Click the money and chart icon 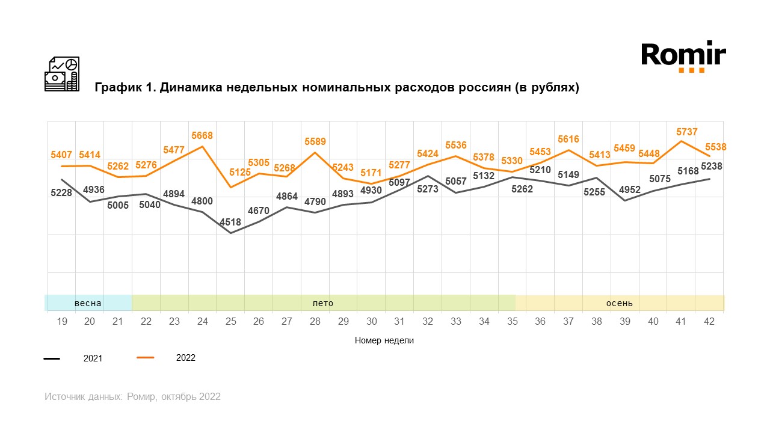pyautogui.click(x=62, y=74)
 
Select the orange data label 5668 pyautogui.click(x=202, y=136)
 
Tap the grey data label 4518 pyautogui.click(x=230, y=222)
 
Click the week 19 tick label pyautogui.click(x=61, y=322)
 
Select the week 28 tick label pyautogui.click(x=315, y=322)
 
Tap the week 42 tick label pyautogui.click(x=709, y=322)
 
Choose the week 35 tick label pyautogui.click(x=512, y=322)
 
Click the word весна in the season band pyautogui.click(x=88, y=303)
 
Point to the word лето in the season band pyautogui.click(x=322, y=303)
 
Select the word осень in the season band pyautogui.click(x=619, y=303)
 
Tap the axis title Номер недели pyautogui.click(x=384, y=340)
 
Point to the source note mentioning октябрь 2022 pyautogui.click(x=132, y=397)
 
